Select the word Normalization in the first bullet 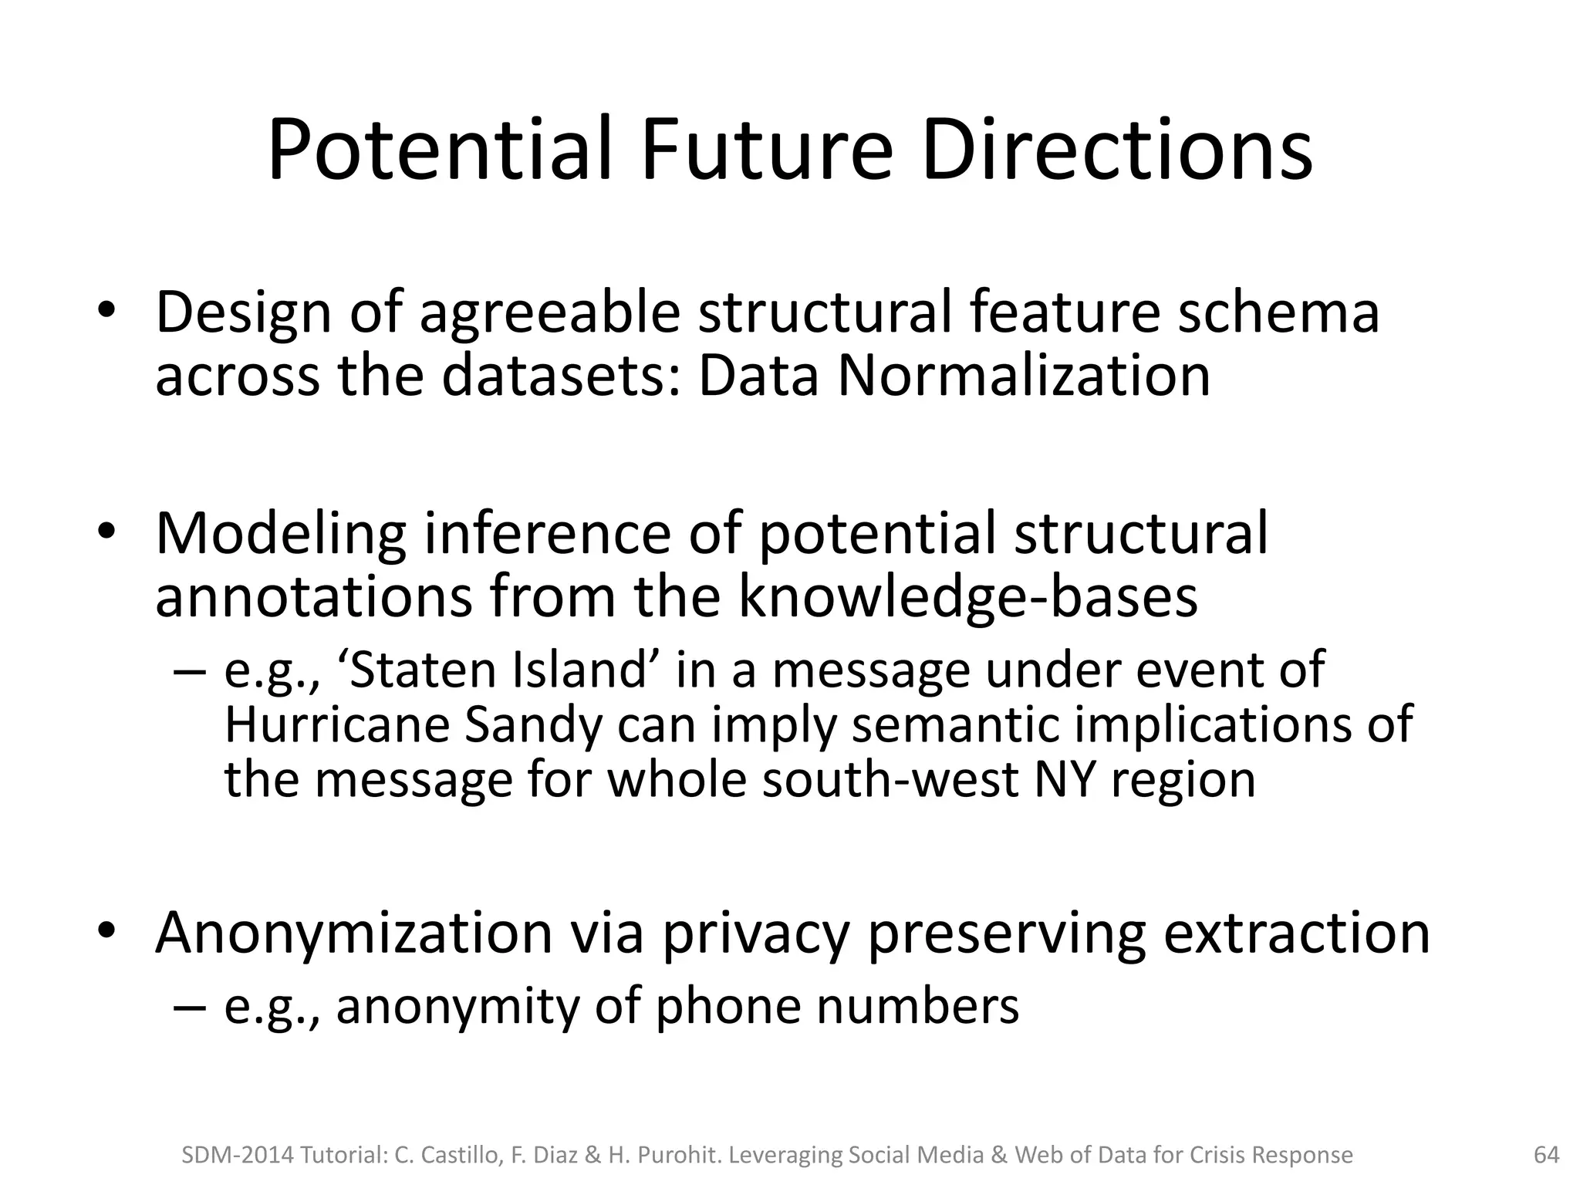pos(1024,376)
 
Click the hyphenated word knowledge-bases pos(968,598)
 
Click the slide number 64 pos(1546,1155)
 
